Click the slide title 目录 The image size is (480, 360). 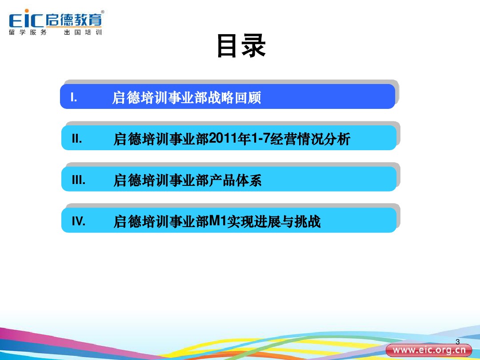pos(241,46)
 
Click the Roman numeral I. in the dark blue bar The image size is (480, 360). pos(74,98)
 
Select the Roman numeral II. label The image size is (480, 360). pos(77,139)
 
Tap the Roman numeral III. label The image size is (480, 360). pos(78,180)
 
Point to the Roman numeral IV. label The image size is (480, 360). pos(79,221)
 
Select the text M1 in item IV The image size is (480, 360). pos(218,221)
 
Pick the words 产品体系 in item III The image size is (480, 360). pos(235,180)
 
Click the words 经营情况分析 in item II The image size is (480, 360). pos(310,139)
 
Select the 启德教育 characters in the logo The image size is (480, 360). pos(73,20)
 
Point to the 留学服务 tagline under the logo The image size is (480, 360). pos(28,32)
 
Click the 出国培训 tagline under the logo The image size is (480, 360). pos(83,32)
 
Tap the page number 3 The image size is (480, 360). pos(458,342)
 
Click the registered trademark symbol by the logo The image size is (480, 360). pos(103,12)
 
